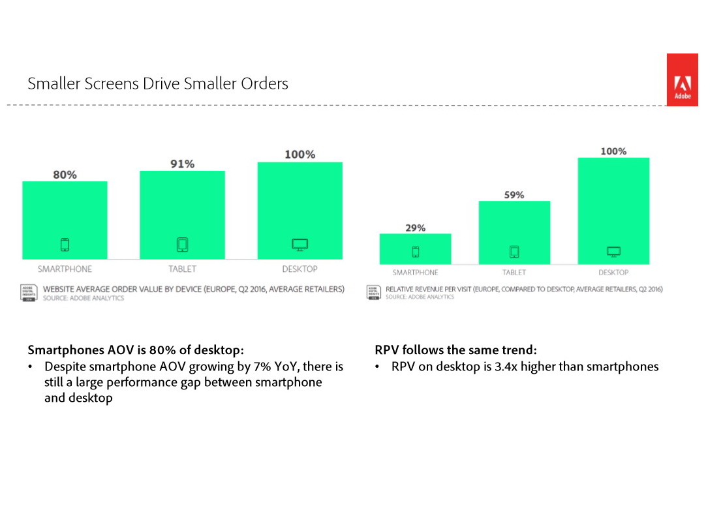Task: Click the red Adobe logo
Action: click(682, 80)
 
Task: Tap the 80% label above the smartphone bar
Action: click(65, 175)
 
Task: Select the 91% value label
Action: click(182, 164)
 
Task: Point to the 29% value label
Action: click(415, 228)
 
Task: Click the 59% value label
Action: click(514, 194)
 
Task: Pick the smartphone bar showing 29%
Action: click(415, 248)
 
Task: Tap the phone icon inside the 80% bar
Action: click(65, 245)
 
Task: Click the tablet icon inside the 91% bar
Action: click(182, 245)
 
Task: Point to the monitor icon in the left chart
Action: click(300, 245)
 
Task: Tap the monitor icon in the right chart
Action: click(613, 251)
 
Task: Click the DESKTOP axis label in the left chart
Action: click(300, 269)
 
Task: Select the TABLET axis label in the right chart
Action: click(514, 273)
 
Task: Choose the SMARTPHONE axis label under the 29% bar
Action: click(415, 273)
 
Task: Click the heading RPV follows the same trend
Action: click(455, 350)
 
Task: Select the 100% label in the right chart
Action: click(613, 151)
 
